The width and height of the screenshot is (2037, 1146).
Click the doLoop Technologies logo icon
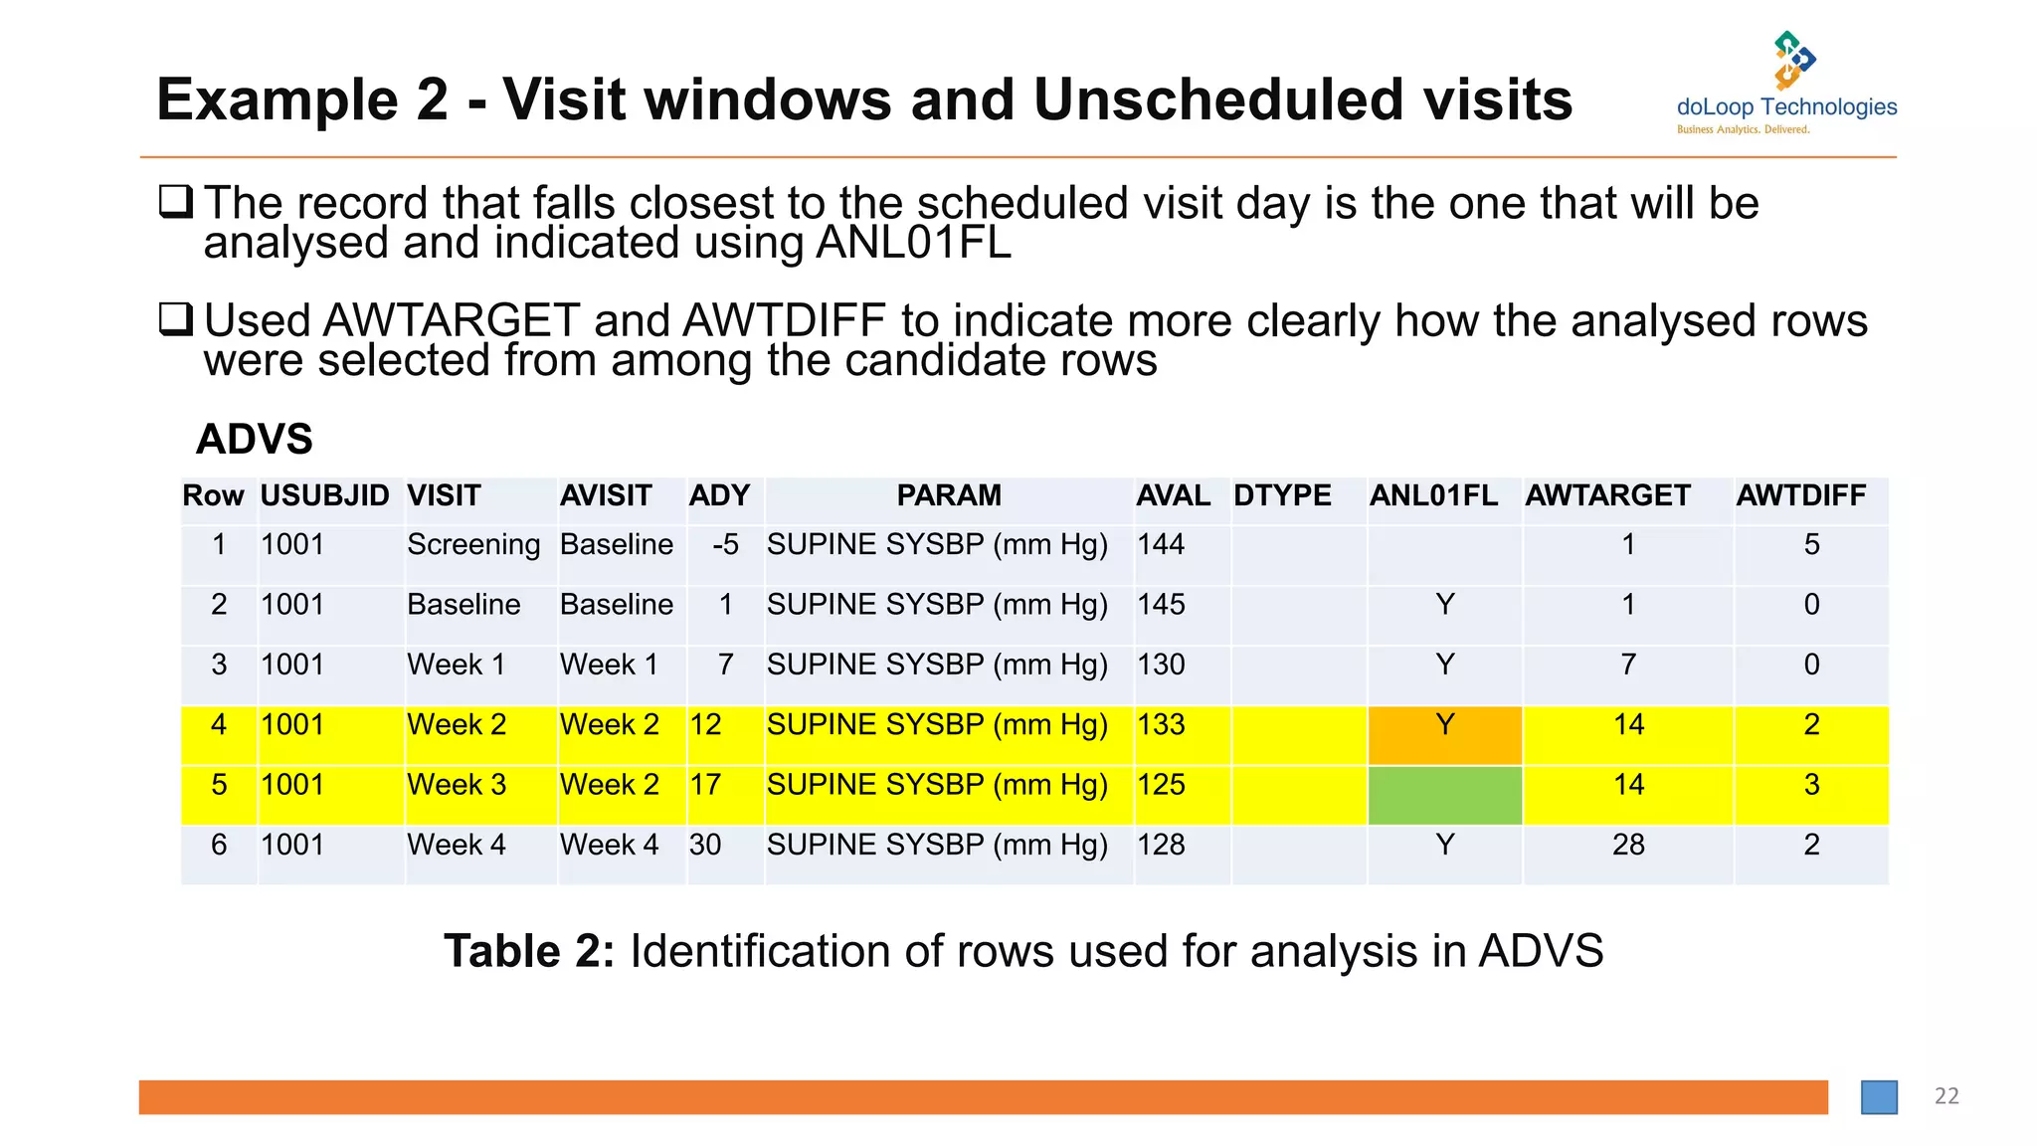[x=1793, y=60]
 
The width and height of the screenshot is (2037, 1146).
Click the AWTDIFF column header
[x=1800, y=495]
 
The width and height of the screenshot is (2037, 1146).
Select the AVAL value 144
[x=1161, y=545]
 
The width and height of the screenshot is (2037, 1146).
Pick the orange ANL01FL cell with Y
[x=1444, y=725]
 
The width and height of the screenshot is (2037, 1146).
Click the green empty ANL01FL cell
[x=1444, y=795]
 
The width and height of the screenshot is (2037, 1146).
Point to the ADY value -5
[x=725, y=545]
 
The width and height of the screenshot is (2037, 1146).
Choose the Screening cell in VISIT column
[x=473, y=545]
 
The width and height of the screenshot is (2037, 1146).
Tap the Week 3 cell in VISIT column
[x=457, y=785]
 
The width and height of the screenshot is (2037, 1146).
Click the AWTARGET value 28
[x=1628, y=845]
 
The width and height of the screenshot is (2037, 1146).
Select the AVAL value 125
[x=1161, y=785]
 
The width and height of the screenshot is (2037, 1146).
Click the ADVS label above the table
[x=255, y=439]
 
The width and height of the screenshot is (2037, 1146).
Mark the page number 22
[x=1946, y=1096]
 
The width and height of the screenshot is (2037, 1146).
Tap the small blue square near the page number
[x=1879, y=1097]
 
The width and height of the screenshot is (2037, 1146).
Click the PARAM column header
[x=949, y=495]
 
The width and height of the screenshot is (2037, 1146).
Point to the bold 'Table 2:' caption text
[x=529, y=951]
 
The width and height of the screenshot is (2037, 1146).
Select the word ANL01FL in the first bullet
[x=912, y=244]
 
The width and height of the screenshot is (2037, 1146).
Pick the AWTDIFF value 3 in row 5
[x=1811, y=785]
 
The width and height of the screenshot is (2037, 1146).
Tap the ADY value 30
[x=705, y=845]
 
